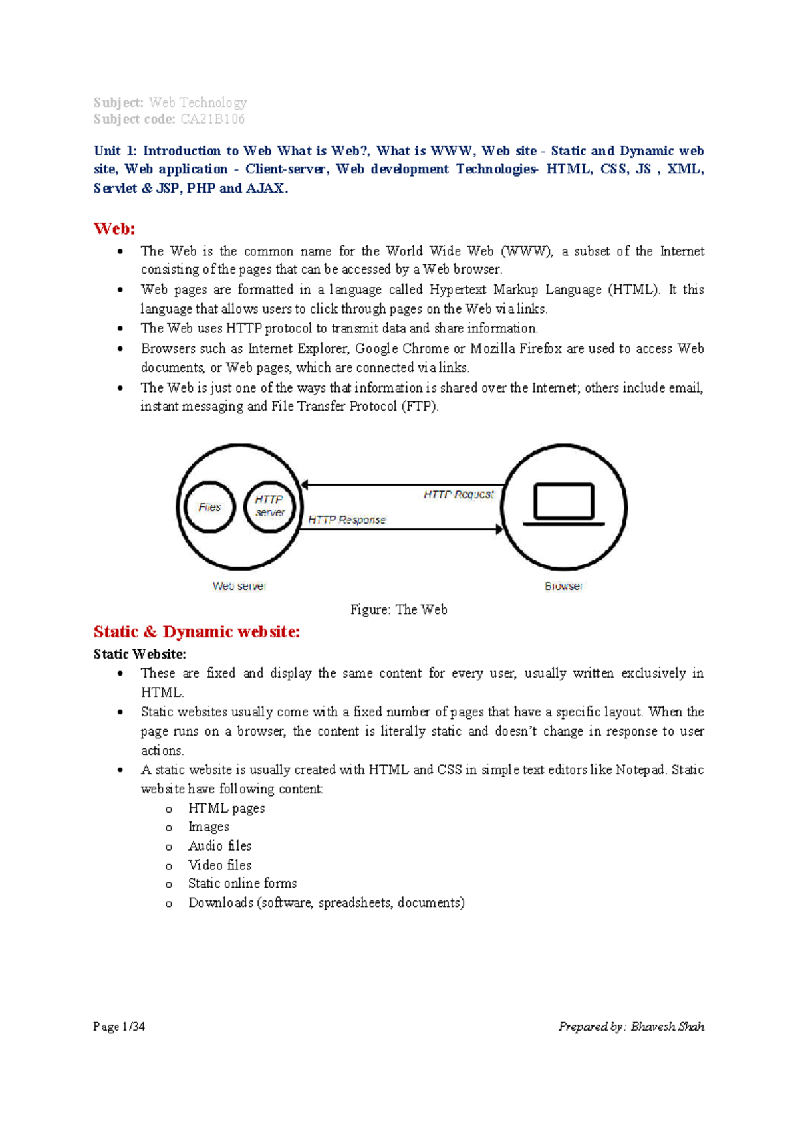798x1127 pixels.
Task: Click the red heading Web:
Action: coord(114,229)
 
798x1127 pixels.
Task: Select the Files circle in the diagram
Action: coord(209,507)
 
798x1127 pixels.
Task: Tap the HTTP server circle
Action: coord(269,506)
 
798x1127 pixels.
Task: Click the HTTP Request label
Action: coord(458,494)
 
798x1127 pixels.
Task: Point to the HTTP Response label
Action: coord(346,520)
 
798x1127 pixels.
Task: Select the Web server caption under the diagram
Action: coord(239,586)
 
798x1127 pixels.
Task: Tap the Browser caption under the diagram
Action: coord(563,586)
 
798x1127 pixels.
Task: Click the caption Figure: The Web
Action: coord(398,609)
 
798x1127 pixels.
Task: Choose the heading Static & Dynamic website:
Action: coord(197,631)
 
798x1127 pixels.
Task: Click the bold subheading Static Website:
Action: coord(140,654)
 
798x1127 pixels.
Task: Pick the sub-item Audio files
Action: coord(219,846)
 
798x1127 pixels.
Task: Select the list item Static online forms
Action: coord(242,884)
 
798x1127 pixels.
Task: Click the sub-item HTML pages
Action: coord(226,808)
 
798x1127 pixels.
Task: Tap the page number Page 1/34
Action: coord(119,1027)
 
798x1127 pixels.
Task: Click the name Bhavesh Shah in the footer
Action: coord(667,1027)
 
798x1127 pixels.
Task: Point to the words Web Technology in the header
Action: coord(198,102)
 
